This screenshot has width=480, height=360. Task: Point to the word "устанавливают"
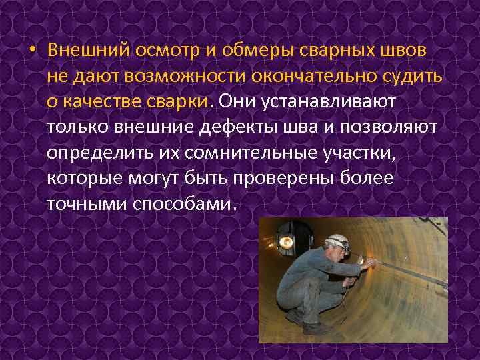323,101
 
